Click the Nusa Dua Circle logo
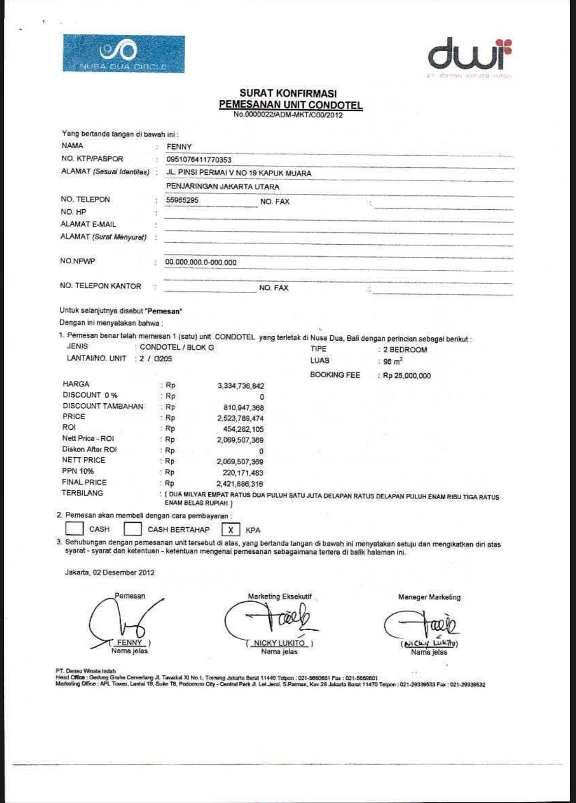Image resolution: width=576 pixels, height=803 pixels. click(124, 54)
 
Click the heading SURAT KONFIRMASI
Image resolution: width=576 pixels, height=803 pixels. click(288, 93)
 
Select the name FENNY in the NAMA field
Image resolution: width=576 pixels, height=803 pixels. click(179, 147)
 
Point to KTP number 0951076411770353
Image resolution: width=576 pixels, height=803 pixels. click(199, 160)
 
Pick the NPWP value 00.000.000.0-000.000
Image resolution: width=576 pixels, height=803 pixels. click(201, 262)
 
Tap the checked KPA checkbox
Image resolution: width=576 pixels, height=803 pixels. click(230, 530)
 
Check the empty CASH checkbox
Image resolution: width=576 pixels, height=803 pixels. click(74, 529)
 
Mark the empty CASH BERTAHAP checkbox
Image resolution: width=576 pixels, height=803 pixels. click(132, 529)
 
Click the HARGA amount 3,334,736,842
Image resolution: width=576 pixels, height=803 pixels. click(241, 386)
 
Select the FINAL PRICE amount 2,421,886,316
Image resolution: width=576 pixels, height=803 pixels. click(240, 484)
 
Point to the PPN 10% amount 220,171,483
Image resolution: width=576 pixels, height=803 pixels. click(243, 473)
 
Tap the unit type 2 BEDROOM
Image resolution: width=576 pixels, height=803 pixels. click(405, 350)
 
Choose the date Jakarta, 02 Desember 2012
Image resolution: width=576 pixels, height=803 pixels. click(110, 573)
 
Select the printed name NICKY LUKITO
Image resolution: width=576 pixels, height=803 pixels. click(279, 643)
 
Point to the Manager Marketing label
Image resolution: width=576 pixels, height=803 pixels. click(429, 597)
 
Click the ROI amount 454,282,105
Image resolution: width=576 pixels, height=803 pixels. click(243, 429)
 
